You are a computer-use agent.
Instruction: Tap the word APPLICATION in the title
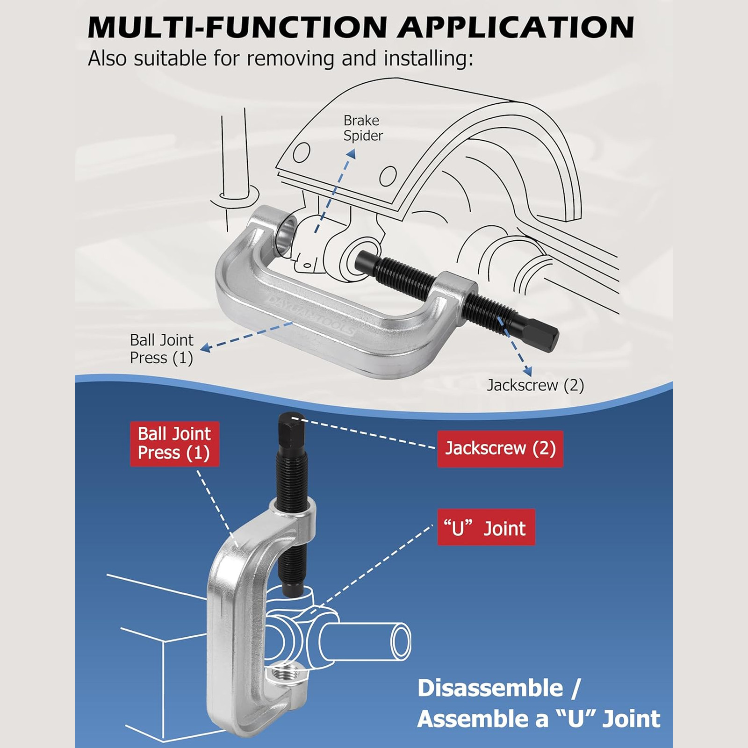[516, 27]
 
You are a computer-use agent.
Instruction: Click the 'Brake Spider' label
[363, 128]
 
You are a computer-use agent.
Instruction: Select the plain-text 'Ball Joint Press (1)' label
[161, 349]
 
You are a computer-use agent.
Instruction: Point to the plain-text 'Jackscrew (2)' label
[536, 385]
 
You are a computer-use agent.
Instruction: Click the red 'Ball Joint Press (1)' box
[174, 444]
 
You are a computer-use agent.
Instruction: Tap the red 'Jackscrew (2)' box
[500, 449]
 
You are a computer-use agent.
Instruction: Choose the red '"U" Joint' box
[486, 527]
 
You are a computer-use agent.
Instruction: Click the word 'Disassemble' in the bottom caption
[490, 689]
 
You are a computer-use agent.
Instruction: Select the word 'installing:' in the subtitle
[429, 58]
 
